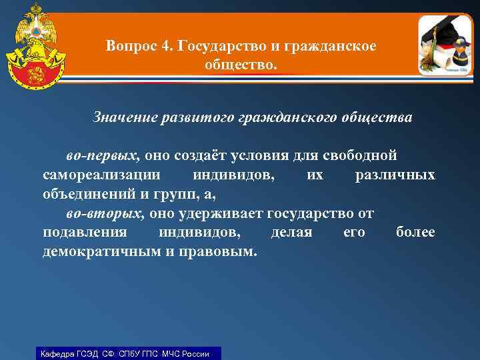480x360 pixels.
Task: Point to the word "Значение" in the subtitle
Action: pyautogui.click(x=126, y=118)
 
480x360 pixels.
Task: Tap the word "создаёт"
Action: pyautogui.click(x=199, y=156)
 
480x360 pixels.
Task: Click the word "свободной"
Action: pyautogui.click(x=360, y=156)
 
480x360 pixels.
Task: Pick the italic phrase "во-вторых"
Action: pyautogui.click(x=105, y=214)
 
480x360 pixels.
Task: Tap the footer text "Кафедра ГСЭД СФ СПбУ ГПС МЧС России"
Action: pyautogui.click(x=125, y=353)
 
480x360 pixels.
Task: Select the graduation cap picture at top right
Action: pyautogui.click(x=445, y=44)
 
